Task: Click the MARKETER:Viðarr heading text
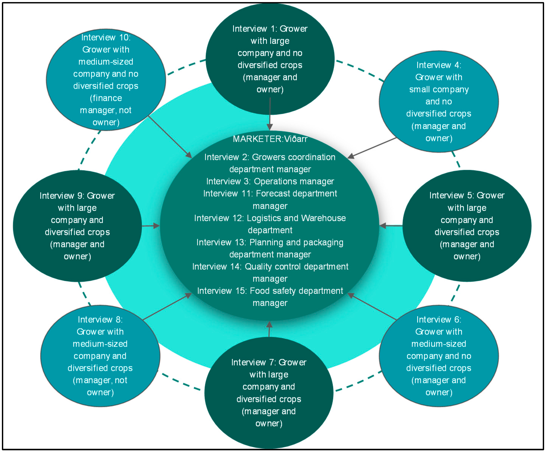click(270, 139)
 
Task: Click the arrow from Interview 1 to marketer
click(270, 114)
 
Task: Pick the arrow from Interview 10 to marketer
click(170, 137)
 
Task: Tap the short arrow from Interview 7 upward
click(269, 329)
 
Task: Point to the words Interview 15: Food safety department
click(270, 291)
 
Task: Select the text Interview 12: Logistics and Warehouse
click(270, 218)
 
